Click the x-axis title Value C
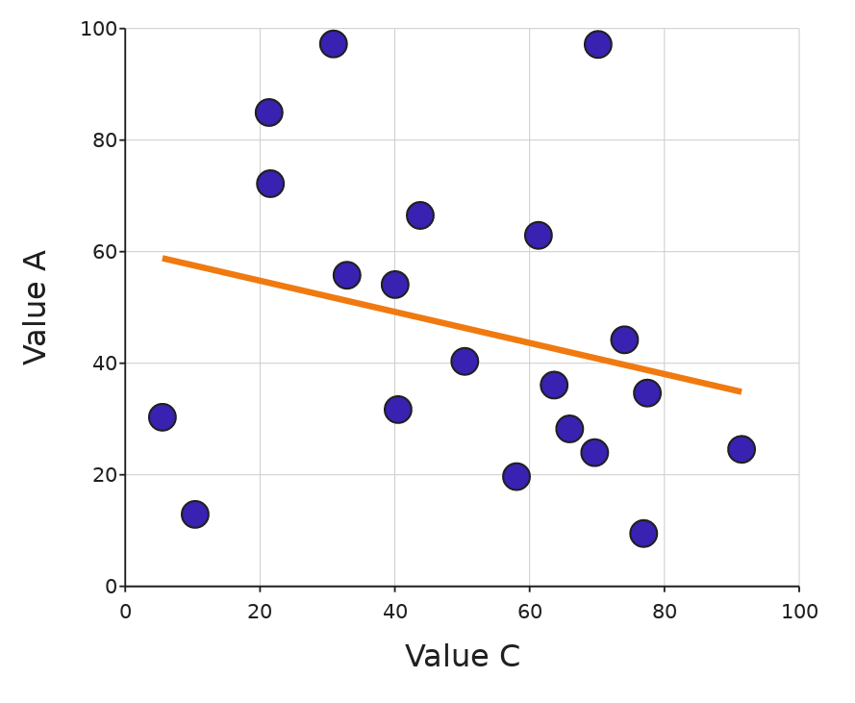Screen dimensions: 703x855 462,657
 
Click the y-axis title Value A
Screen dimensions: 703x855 36,307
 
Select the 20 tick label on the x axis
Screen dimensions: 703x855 260,613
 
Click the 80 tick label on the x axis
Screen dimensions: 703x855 664,613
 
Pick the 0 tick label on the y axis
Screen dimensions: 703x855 111,587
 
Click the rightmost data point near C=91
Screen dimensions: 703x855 741,449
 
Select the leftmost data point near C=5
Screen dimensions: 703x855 163,417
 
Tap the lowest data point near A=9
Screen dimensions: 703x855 643,533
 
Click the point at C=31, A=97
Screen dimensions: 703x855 334,44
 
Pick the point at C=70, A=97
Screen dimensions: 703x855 597,44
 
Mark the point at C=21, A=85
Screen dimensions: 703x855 269,113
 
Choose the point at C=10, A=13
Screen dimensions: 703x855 195,515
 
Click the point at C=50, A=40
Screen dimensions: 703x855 465,362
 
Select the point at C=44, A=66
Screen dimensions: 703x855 419,215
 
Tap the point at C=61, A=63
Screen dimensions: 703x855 538,236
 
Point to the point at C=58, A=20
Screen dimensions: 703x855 516,477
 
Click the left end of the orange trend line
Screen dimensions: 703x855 163,258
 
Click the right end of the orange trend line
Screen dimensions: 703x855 741,391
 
